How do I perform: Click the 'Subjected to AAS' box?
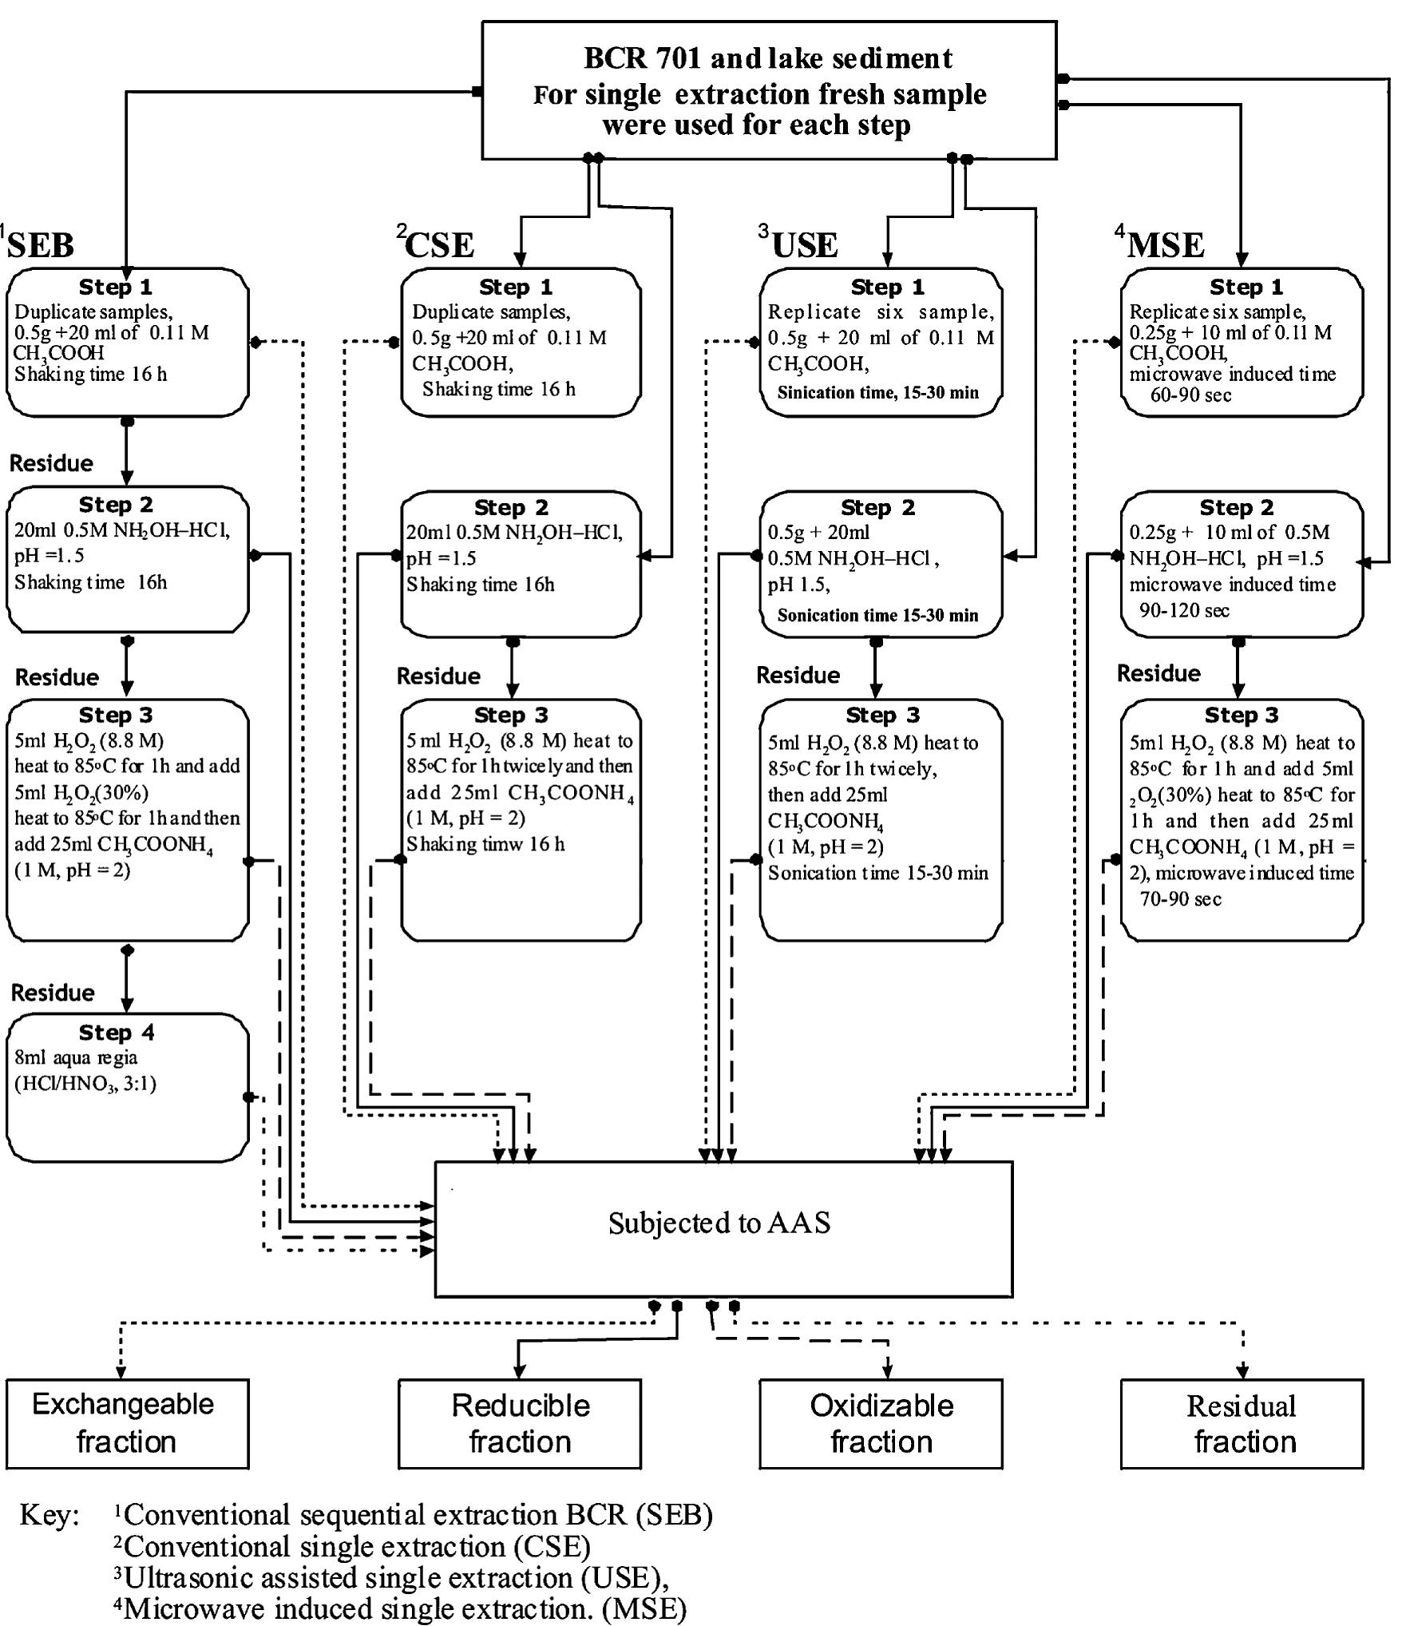click(723, 1223)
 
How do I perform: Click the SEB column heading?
click(40, 244)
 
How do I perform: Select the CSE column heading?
click(438, 244)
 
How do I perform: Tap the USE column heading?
click(804, 244)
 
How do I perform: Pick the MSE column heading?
click(1165, 244)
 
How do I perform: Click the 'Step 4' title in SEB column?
click(117, 1033)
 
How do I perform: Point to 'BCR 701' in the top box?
click(643, 58)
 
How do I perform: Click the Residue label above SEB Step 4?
click(53, 993)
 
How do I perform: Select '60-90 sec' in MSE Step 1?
click(1190, 395)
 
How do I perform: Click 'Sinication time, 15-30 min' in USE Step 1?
click(877, 392)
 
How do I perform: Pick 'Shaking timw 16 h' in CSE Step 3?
click(485, 844)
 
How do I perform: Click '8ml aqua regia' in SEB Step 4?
click(76, 1057)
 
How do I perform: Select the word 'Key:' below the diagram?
click(50, 1515)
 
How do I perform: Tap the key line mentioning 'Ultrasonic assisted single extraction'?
click(391, 1577)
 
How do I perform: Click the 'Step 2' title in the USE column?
click(877, 507)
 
